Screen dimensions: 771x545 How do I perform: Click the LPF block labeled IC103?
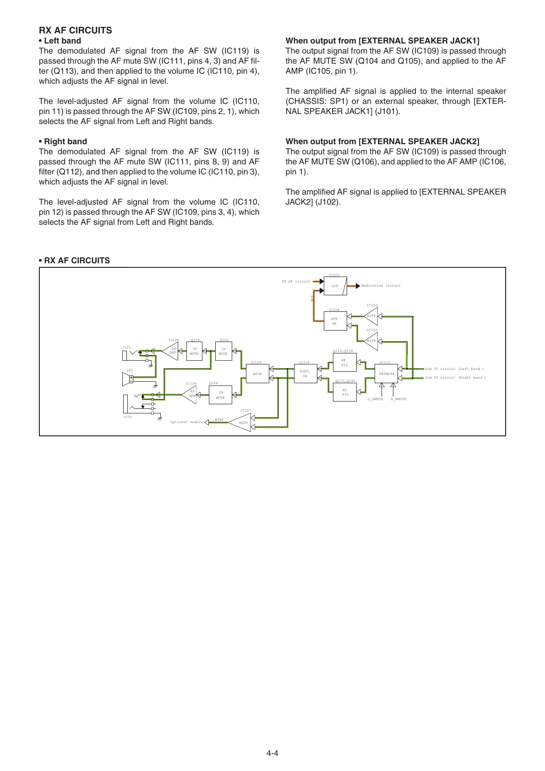(335, 286)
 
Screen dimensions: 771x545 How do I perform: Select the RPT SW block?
(335, 321)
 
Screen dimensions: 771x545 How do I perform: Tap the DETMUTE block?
(387, 374)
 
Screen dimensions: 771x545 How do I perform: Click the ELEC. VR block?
(305, 374)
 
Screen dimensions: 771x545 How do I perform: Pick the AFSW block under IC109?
(257, 374)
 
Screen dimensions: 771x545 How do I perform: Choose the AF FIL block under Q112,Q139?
(344, 363)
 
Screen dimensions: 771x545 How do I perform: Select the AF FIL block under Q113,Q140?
(344, 392)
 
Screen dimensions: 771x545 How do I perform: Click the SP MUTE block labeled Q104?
(195, 351)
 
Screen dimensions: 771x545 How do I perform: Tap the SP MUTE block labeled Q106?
(220, 395)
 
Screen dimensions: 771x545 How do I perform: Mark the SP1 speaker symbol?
(128, 379)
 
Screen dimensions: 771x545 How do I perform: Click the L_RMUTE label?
(376, 399)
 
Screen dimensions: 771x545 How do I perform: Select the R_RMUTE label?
(398, 399)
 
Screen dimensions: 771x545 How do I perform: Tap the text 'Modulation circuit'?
(381, 286)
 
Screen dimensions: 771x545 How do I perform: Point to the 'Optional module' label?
(187, 422)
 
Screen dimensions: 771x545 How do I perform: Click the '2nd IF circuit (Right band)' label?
(455, 378)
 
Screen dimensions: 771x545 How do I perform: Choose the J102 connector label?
(127, 417)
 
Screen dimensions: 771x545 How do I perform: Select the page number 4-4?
(272, 753)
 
